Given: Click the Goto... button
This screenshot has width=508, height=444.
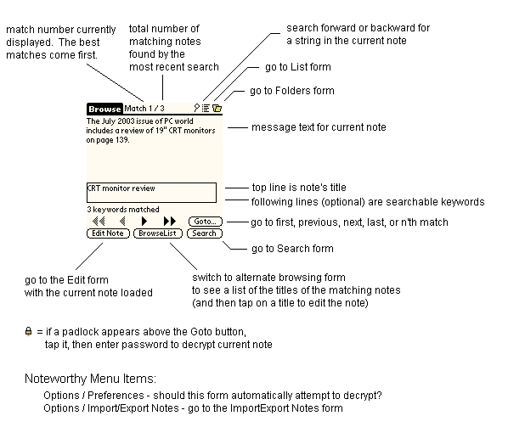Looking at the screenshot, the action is click(206, 222).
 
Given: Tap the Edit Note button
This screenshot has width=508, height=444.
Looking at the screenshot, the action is click(108, 233).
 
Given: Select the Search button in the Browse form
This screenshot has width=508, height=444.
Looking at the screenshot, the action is click(205, 233).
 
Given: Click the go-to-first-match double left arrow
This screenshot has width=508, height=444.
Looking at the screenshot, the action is click(99, 222).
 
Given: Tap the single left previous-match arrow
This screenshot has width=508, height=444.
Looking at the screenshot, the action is click(122, 222).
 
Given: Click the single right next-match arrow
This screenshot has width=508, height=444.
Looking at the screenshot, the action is click(144, 222).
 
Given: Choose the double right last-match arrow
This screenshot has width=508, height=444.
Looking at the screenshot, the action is click(170, 222).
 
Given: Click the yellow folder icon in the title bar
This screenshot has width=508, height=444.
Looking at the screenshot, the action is click(217, 108).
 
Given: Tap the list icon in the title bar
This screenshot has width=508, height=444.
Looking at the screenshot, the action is click(206, 108).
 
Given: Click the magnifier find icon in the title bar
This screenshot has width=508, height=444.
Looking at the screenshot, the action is click(196, 108).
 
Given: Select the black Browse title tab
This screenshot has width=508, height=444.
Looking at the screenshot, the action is click(104, 110).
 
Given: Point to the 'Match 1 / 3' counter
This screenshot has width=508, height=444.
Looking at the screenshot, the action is click(144, 109).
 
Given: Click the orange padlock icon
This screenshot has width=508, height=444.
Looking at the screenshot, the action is click(29, 332).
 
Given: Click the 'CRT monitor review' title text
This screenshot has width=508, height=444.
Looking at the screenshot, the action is click(121, 188).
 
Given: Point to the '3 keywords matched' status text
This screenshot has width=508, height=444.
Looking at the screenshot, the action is click(123, 210).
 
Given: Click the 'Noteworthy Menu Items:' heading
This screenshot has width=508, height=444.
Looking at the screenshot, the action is click(90, 379).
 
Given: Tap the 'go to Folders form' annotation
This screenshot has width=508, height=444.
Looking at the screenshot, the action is click(292, 91).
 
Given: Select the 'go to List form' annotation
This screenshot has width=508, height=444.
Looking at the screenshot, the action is click(298, 67).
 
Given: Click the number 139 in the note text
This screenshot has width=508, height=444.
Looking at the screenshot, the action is click(122, 140).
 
